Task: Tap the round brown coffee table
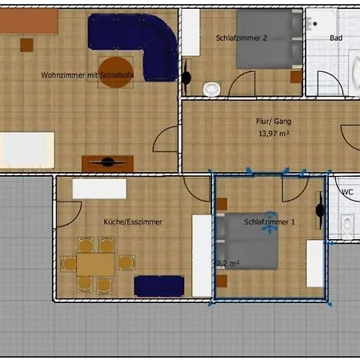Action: click(x=117, y=68)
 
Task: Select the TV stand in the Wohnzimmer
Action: click(x=107, y=162)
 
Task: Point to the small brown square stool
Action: click(x=27, y=45)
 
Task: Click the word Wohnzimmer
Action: click(x=63, y=75)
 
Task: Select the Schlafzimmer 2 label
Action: click(x=241, y=38)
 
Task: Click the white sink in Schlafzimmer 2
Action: click(x=212, y=88)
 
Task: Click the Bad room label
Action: click(x=335, y=38)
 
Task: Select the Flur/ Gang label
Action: click(x=273, y=122)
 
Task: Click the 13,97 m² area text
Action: click(x=273, y=134)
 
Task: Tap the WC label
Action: click(x=347, y=192)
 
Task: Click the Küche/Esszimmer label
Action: click(x=133, y=222)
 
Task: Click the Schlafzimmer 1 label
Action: click(x=270, y=222)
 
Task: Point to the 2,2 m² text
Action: click(x=227, y=262)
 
